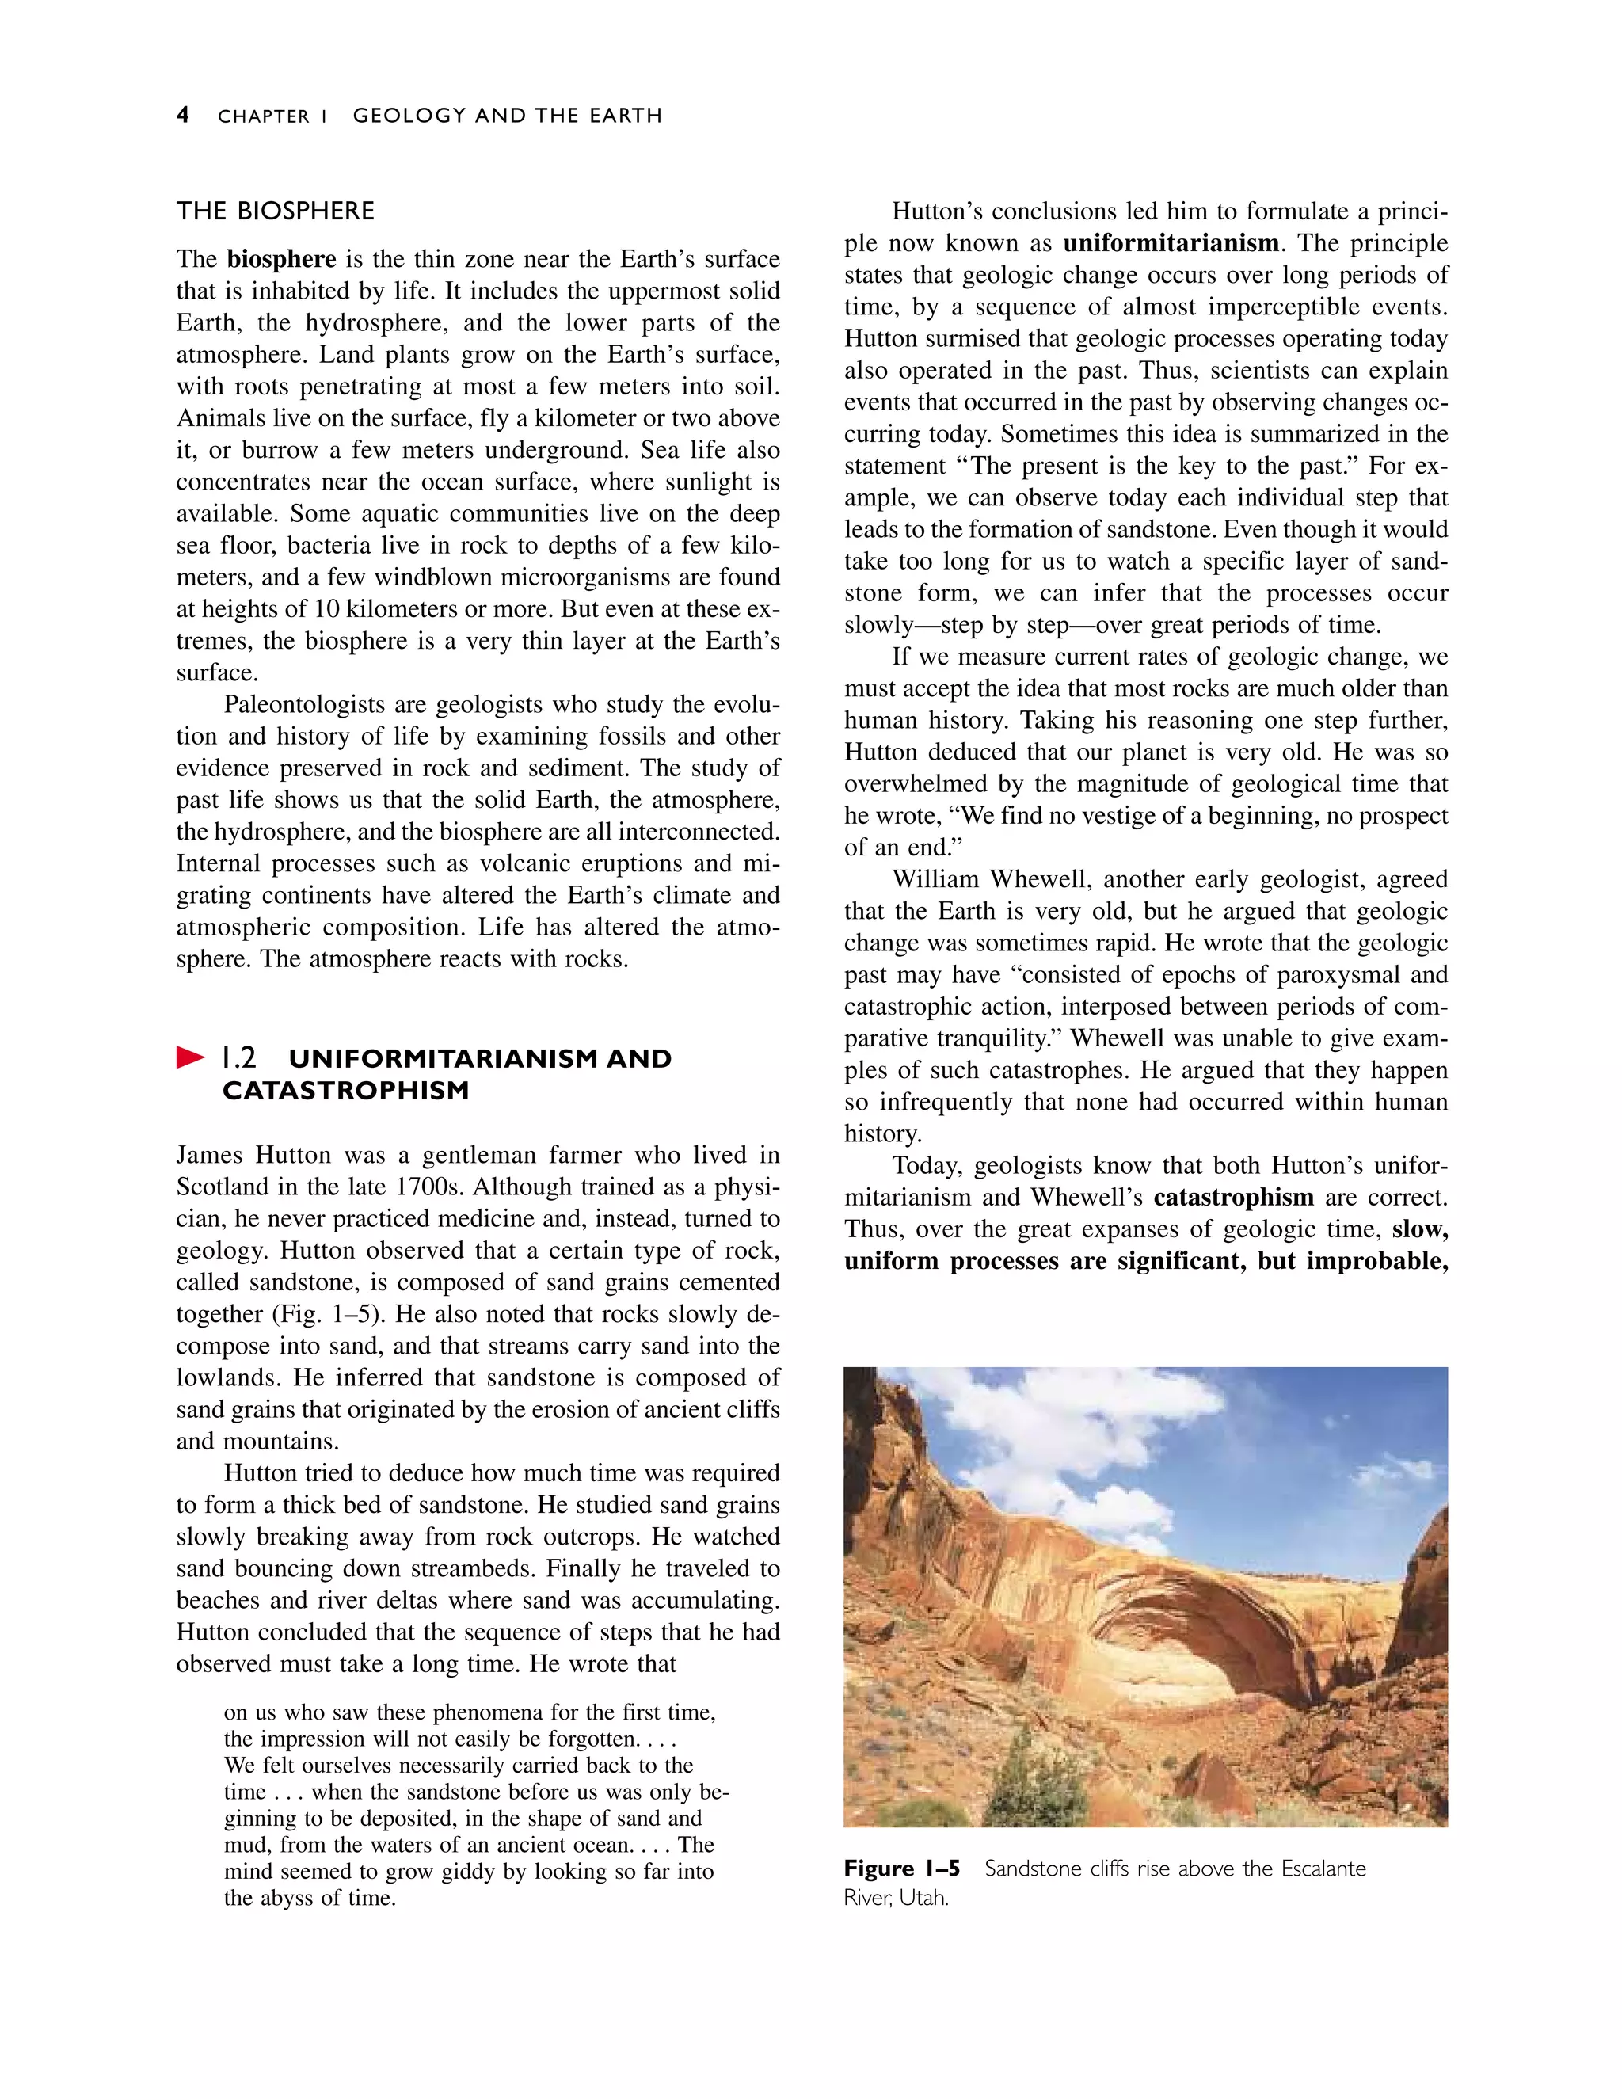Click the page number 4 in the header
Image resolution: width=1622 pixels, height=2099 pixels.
[x=183, y=116]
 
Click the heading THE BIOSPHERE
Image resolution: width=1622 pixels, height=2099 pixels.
[x=275, y=211]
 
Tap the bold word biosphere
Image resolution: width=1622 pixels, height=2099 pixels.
[x=280, y=260]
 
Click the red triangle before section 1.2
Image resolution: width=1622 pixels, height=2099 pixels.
[x=190, y=1058]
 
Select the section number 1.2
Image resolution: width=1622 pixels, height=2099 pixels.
[x=239, y=1058]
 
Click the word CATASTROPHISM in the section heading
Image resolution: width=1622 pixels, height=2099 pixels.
[x=346, y=1091]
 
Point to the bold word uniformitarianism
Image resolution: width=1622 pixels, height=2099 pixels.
[x=1171, y=243]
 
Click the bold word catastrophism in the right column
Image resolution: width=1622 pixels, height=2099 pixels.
[x=1233, y=1198]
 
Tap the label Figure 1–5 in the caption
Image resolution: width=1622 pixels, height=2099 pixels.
[x=901, y=1869]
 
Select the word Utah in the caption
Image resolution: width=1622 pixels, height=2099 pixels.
[x=923, y=1899]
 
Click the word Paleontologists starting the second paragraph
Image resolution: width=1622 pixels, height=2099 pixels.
[x=305, y=704]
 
